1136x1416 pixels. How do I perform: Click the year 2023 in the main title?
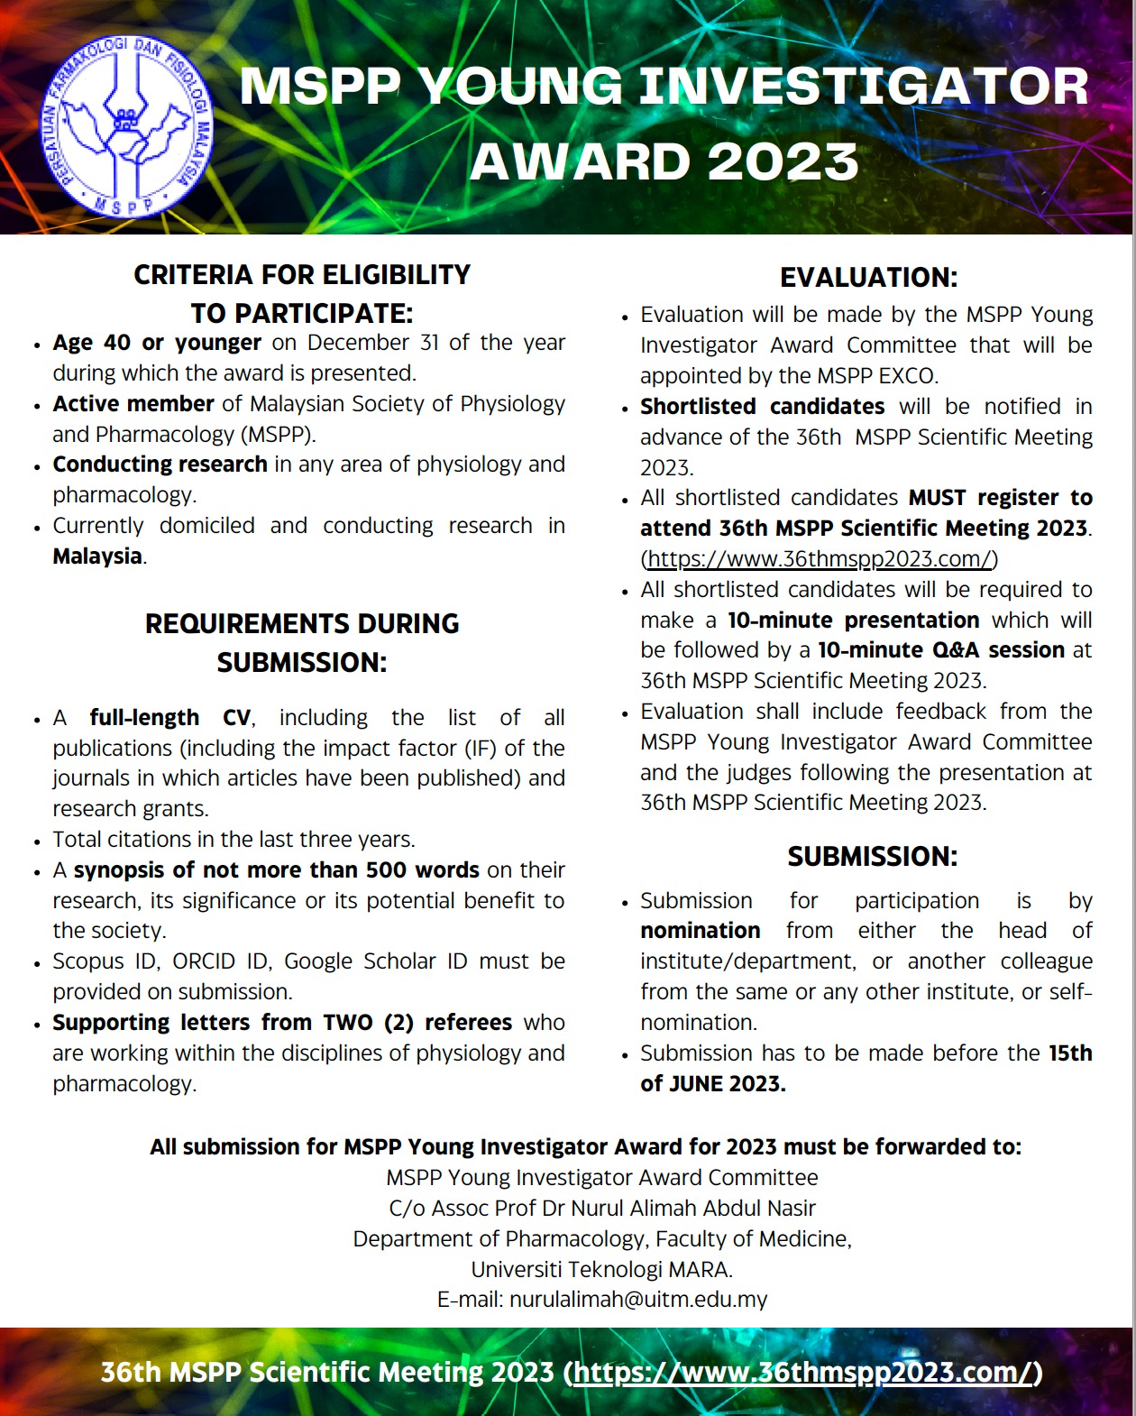[x=783, y=163]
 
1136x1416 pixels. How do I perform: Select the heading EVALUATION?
[x=868, y=278]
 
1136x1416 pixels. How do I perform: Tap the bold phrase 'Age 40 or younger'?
[x=157, y=343]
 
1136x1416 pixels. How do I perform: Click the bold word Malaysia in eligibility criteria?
[x=97, y=556]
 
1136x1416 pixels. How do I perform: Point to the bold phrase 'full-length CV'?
[x=170, y=718]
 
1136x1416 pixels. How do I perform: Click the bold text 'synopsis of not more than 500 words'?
[x=276, y=870]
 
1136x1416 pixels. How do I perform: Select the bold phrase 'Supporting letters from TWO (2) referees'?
[x=282, y=1023]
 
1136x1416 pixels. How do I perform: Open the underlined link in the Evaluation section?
[x=820, y=559]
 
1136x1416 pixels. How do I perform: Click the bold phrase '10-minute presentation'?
[x=853, y=621]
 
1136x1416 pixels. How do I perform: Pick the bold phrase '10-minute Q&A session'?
[x=940, y=650]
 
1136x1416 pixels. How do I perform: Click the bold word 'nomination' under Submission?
[x=700, y=931]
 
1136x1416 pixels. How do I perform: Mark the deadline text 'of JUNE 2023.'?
[x=712, y=1084]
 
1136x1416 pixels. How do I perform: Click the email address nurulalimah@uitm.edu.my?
[x=638, y=1300]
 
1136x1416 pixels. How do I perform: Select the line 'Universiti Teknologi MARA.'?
[x=601, y=1270]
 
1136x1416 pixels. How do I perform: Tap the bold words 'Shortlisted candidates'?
[x=762, y=407]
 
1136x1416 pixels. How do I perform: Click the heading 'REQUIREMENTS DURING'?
[x=302, y=624]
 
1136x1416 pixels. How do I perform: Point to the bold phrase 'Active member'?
[x=133, y=404]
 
